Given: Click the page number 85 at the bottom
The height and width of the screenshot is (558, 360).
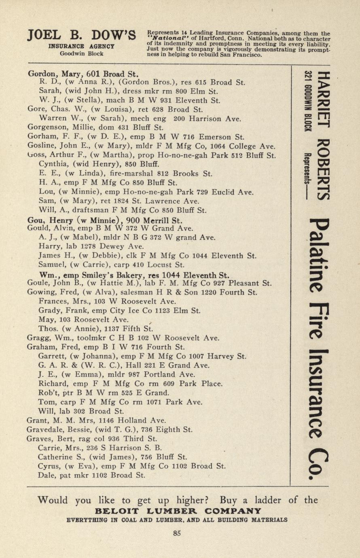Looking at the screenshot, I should [177, 533].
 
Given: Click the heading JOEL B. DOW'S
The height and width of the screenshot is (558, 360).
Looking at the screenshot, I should [81, 36].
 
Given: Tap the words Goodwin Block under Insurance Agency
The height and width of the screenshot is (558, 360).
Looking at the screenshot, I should [81, 53].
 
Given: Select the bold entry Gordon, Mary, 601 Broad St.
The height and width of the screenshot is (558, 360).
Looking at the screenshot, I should [83, 74].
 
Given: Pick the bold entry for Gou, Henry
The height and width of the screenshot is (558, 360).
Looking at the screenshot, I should [105, 221].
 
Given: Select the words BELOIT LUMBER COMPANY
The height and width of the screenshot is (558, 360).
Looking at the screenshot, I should [178, 511].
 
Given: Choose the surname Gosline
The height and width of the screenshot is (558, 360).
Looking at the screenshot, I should [43, 146].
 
